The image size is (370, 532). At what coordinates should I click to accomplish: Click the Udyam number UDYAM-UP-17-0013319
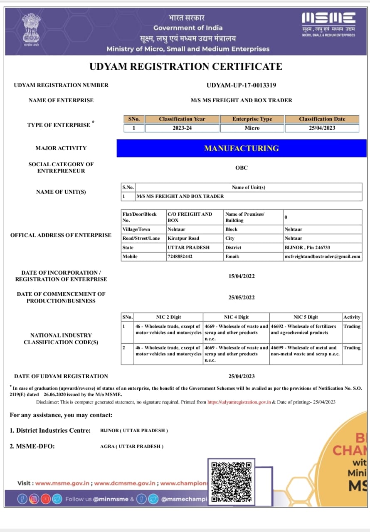[241, 85]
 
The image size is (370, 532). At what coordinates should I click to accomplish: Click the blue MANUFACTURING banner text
[241, 148]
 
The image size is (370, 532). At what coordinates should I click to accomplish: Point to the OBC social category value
[241, 168]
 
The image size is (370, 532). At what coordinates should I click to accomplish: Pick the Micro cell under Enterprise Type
[252, 128]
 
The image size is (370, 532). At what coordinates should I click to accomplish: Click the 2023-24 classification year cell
[182, 128]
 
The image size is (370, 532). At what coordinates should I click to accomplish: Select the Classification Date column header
[322, 119]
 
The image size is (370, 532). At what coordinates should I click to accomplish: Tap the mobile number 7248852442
[180, 256]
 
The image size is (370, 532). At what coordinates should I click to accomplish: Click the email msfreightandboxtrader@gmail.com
[322, 256]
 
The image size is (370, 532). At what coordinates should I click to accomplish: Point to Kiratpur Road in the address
[183, 238]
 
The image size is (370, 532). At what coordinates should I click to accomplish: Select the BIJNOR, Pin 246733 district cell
[307, 247]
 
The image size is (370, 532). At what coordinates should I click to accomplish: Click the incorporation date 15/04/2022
[242, 276]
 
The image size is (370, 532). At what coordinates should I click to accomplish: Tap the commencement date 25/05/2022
[242, 298]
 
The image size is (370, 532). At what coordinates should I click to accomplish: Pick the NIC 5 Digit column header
[305, 317]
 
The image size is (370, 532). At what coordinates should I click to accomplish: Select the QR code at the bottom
[231, 481]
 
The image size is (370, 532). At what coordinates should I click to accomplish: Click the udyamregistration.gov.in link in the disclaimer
[239, 402]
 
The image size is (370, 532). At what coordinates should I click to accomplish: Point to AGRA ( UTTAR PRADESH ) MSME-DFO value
[132, 446]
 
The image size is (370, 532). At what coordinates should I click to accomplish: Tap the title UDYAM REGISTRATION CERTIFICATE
[186, 66]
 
